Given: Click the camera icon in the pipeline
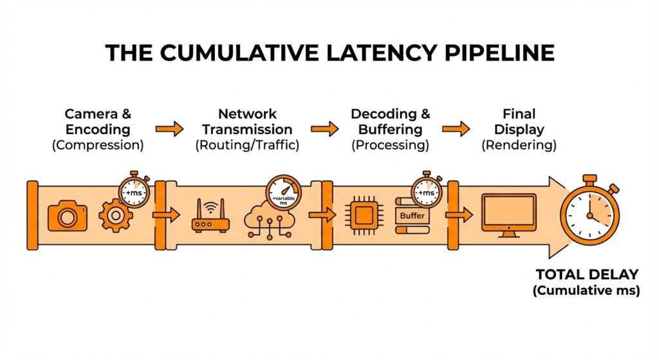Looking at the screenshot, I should click(x=67, y=216).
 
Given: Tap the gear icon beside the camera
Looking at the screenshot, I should click(x=115, y=216).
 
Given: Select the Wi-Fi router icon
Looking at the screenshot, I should click(x=210, y=218).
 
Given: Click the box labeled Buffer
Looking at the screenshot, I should click(x=413, y=216).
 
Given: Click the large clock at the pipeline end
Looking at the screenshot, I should click(x=589, y=210).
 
